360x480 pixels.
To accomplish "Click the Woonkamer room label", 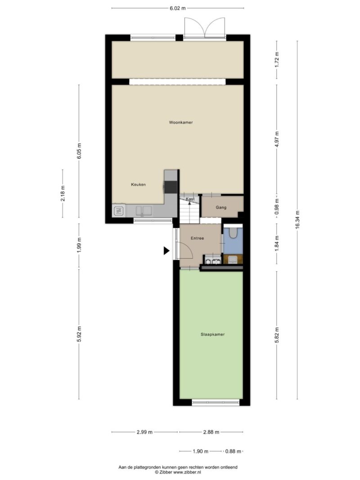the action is click(181, 122).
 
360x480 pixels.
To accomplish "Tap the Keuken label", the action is click(138, 184).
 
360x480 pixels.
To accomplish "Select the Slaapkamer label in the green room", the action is click(213, 335).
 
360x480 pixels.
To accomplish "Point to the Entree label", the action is click(197, 238).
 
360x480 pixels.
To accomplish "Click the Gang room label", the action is click(221, 207).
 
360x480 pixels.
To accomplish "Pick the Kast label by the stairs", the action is click(190, 199).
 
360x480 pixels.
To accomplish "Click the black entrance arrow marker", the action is click(166, 251).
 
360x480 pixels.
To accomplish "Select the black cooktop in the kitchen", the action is click(171, 187).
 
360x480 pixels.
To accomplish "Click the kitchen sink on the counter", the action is click(144, 211).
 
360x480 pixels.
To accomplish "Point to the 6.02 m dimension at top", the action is click(178, 8).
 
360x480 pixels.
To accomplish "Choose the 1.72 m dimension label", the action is click(277, 60).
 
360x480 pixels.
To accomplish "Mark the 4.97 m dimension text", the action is click(277, 139).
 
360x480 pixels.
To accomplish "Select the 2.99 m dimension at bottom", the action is click(144, 432).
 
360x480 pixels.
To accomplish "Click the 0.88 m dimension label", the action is click(233, 451).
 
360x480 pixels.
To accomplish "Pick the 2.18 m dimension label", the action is click(63, 193).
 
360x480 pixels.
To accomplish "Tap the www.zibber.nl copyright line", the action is click(178, 472).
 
